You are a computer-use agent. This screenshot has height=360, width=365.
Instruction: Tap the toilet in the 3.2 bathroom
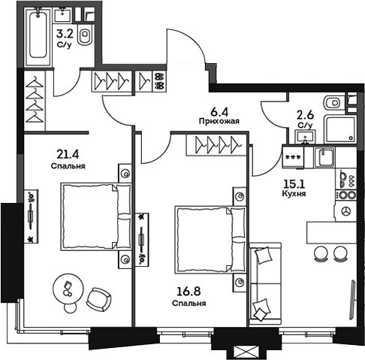coord(86,38)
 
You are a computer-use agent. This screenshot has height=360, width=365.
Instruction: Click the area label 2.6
coord(306,115)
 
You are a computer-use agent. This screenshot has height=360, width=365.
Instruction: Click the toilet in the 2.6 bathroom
coord(331,103)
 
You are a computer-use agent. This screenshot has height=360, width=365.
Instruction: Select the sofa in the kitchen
coord(264,283)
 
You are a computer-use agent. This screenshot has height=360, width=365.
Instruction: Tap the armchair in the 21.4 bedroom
coord(98,298)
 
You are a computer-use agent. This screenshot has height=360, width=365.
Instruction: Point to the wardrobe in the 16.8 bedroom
coord(217,143)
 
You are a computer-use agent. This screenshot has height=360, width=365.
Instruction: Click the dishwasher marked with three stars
coord(293,156)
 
